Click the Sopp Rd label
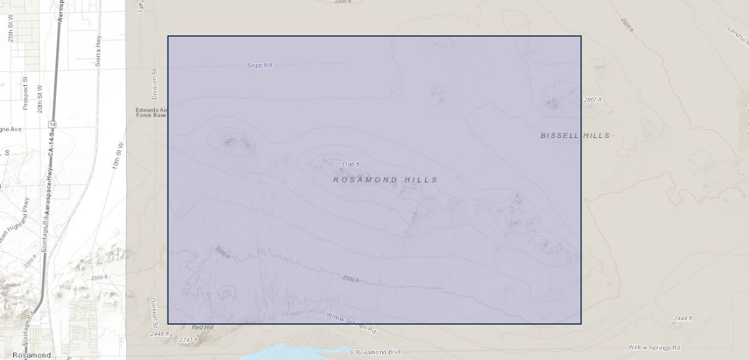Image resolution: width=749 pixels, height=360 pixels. point(260,65)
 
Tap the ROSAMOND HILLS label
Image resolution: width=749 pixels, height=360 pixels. point(386,180)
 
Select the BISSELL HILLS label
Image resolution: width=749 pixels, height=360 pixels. point(575,136)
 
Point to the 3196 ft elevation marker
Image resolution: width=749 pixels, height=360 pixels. point(350,164)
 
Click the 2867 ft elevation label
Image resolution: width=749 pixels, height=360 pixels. point(592,100)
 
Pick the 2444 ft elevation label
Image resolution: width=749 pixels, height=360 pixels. point(682,319)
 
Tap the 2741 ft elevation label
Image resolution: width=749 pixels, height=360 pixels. point(188,340)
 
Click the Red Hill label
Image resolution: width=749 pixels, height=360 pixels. point(202,328)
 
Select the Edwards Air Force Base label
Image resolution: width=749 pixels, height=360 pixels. point(151,112)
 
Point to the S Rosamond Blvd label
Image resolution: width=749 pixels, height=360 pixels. point(374,352)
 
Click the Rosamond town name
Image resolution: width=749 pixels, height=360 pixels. point(32,355)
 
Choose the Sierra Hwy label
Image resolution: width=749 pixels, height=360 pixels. point(98,50)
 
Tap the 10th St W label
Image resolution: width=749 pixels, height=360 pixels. point(117,156)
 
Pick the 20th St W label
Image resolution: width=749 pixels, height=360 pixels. point(40,99)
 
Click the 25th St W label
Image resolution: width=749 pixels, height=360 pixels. point(11,28)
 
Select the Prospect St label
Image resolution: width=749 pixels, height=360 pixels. point(25,93)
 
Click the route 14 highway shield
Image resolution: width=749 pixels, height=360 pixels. point(53,124)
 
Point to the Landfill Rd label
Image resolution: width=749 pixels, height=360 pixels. point(738,37)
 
